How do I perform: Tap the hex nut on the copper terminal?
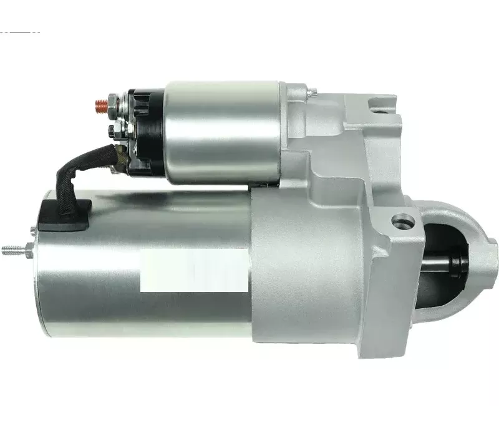(x=112, y=100)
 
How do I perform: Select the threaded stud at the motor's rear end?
(x=12, y=251)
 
